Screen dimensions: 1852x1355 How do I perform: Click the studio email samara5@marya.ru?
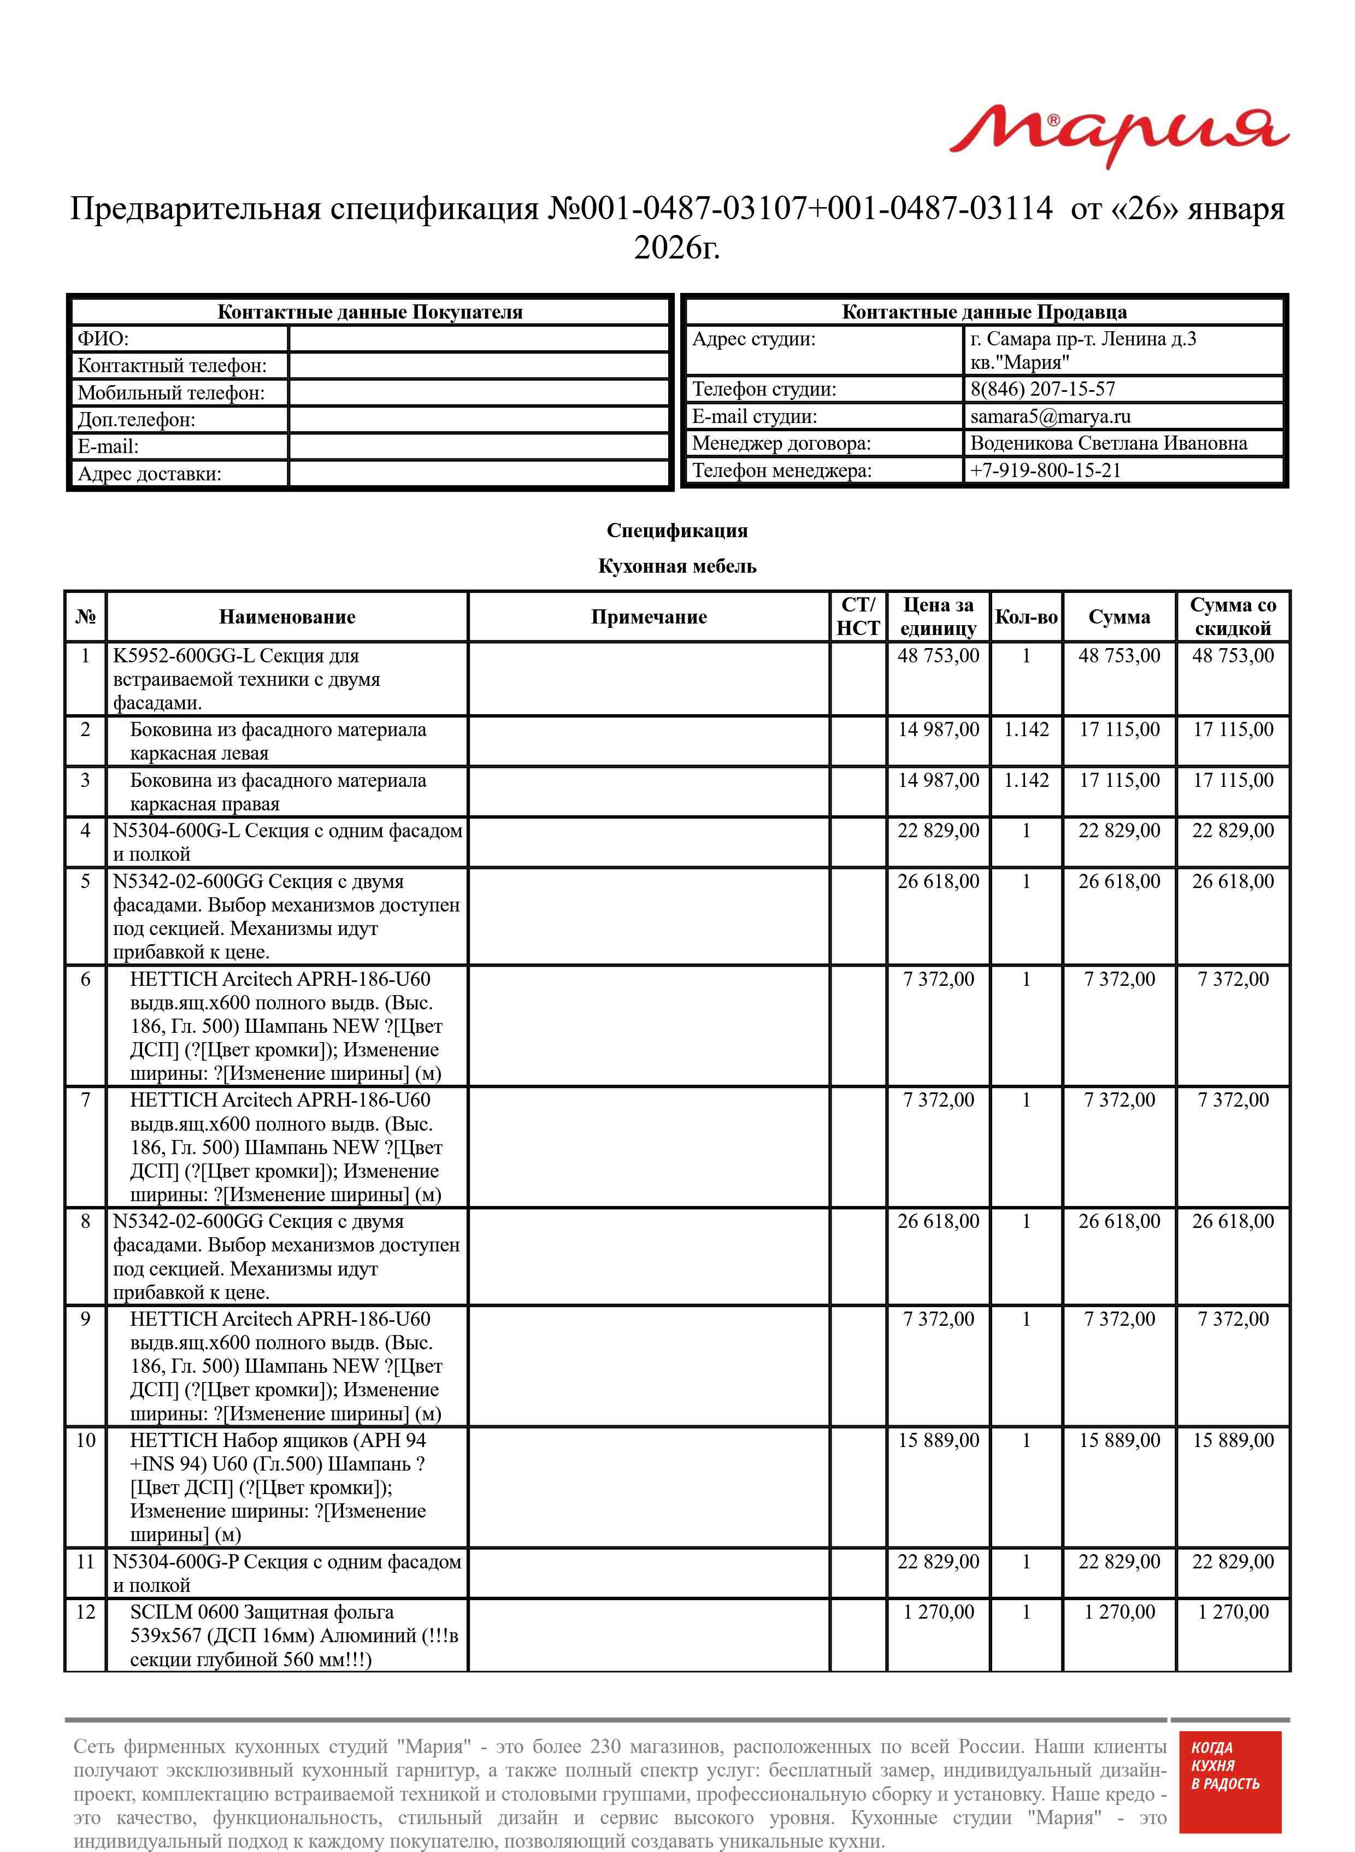tap(1050, 416)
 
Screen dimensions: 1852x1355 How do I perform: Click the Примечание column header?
tap(648, 617)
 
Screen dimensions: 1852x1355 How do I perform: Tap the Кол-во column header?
tap(1026, 617)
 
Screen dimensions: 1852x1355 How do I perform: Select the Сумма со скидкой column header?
tap(1232, 617)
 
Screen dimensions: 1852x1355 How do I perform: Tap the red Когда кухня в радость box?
tap(1229, 1793)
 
